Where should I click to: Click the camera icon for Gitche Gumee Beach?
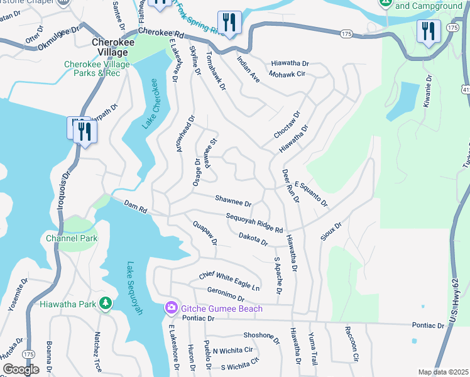click(170, 308)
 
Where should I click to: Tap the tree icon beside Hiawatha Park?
click(106, 305)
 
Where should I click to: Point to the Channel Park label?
click(72, 239)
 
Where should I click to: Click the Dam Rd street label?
click(135, 205)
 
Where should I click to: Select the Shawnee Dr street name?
click(233, 202)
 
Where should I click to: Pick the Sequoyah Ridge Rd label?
click(254, 222)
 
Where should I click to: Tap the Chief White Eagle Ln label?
click(229, 281)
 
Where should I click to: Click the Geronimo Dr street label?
click(225, 294)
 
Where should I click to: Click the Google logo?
click(21, 369)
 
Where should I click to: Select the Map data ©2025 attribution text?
click(443, 372)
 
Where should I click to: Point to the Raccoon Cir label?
click(351, 343)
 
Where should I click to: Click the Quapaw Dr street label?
click(205, 232)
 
